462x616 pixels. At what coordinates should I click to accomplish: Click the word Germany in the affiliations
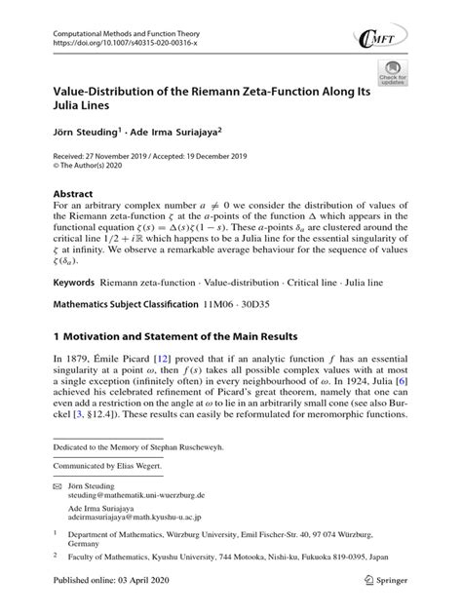click(x=81, y=562)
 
